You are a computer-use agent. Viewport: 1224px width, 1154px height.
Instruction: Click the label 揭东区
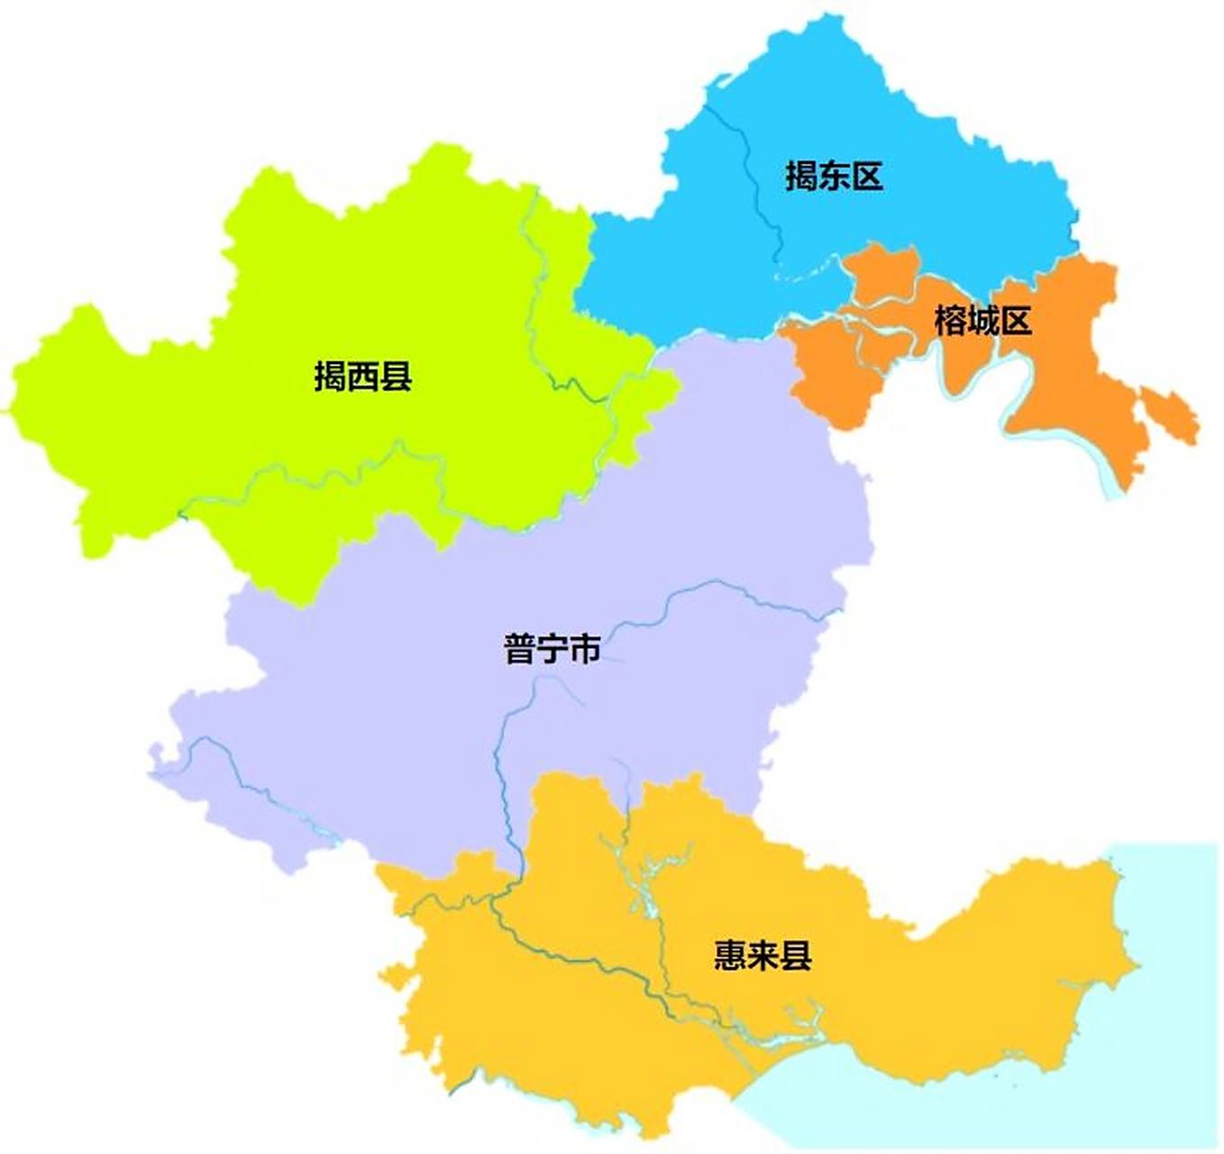(834, 176)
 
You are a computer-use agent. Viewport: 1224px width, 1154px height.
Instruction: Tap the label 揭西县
(363, 376)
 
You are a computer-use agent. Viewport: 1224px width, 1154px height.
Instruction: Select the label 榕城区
(982, 321)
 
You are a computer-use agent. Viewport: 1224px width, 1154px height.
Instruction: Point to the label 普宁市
(552, 649)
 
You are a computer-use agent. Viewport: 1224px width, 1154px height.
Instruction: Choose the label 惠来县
(763, 955)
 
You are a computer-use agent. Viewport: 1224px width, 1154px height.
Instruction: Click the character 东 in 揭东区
(834, 176)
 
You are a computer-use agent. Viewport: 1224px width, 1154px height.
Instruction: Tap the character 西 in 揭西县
(363, 376)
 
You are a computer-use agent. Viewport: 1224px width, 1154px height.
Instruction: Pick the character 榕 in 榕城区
(950, 321)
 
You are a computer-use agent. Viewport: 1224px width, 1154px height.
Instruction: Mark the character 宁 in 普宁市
(552, 649)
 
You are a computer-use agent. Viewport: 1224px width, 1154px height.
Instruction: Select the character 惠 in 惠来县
(730, 955)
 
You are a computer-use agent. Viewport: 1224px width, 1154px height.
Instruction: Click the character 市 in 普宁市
(585, 649)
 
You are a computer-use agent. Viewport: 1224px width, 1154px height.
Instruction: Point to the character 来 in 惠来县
(763, 955)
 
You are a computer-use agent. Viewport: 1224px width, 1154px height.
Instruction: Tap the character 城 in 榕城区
(982, 321)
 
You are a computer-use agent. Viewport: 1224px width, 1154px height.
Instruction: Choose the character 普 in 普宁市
(519, 649)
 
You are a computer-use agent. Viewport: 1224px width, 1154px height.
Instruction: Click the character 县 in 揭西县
(397, 376)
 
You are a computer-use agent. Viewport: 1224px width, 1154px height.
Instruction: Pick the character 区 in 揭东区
(867, 176)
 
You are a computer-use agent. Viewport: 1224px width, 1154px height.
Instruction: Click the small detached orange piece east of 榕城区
(1171, 416)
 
